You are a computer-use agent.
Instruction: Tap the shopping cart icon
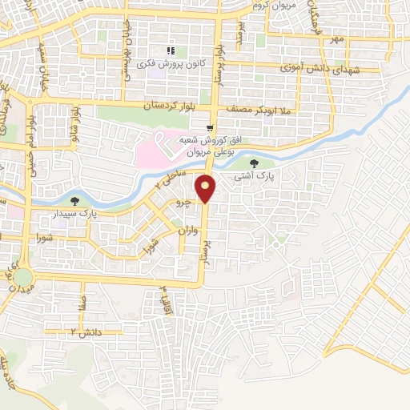pyautogui.click(x=210, y=127)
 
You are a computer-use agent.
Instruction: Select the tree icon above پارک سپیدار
pyautogui.click(x=75, y=201)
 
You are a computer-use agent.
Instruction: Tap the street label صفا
pyautogui.click(x=82, y=303)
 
